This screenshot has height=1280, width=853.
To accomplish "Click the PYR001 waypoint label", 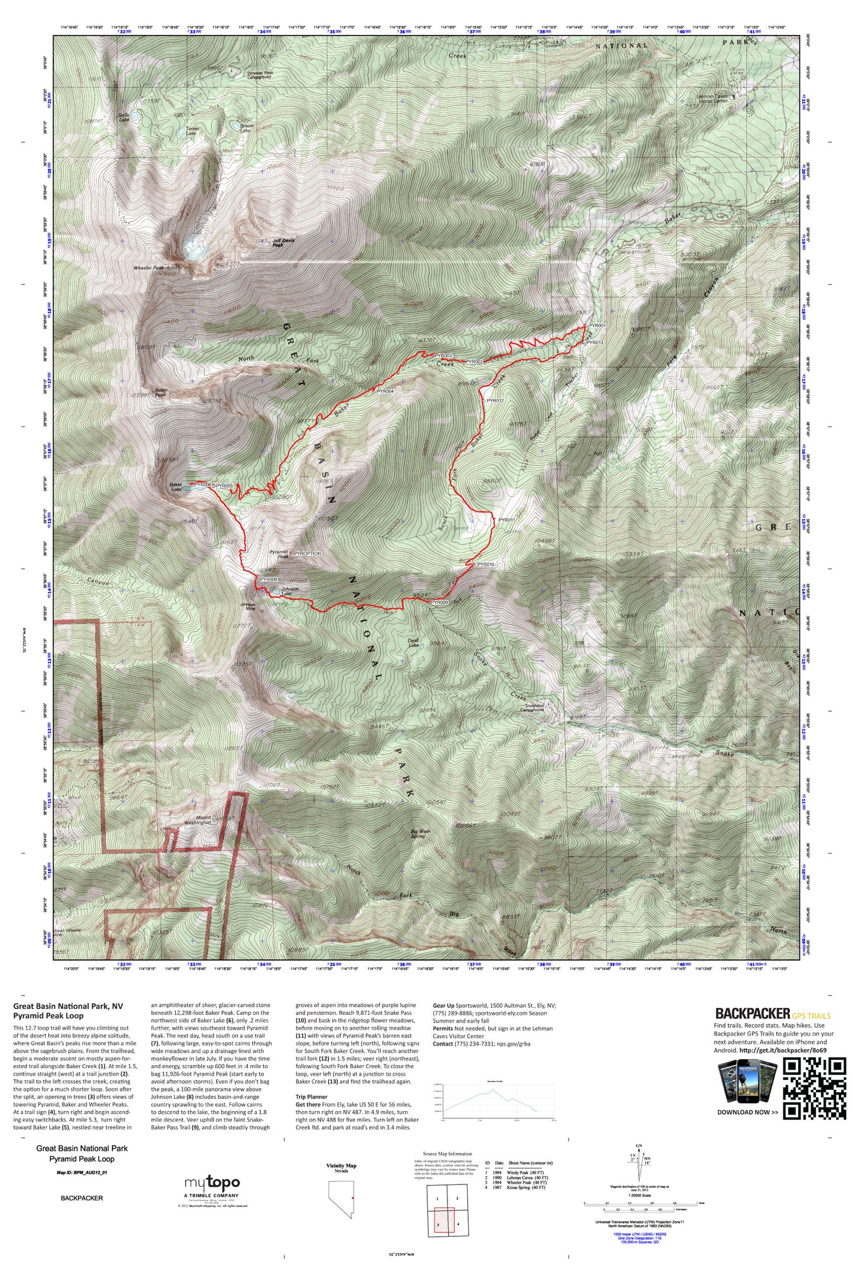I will (597, 325).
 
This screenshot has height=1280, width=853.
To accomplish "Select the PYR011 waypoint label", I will (507, 520).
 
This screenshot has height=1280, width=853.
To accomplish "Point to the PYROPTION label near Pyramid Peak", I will (308, 553).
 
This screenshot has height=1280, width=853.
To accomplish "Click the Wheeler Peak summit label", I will (149, 267).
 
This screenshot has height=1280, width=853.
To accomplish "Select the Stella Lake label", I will (124, 116).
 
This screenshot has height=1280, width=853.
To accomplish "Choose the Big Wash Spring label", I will (420, 833).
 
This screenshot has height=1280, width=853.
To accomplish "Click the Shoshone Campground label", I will (532, 707).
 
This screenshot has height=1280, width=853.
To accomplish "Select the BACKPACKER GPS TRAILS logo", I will (772, 1014).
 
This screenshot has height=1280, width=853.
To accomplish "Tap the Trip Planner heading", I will (311, 1096).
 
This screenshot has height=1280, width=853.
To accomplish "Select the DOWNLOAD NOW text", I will (747, 1112).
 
